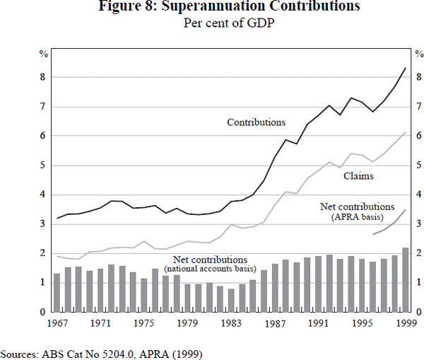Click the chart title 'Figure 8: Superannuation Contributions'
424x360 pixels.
(211, 7)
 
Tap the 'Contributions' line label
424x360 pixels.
(256, 122)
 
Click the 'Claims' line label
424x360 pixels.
(358, 176)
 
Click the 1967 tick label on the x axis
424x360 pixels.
(57, 323)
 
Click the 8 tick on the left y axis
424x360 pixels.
(43, 77)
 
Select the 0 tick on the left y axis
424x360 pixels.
(43, 312)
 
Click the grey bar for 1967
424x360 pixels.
(57, 292)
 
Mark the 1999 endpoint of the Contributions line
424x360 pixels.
(405, 68)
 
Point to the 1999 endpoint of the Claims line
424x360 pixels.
(405, 132)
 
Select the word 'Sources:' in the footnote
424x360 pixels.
(21, 352)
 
